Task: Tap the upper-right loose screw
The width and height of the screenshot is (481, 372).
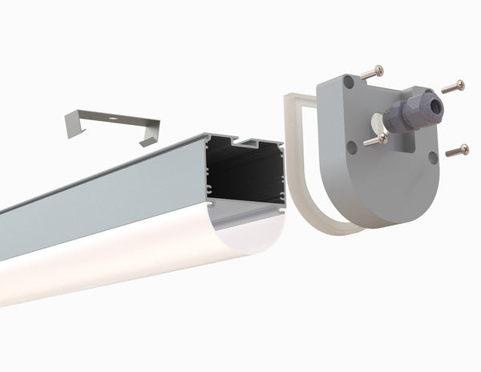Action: pos(453,85)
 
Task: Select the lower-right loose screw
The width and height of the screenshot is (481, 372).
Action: pos(457,150)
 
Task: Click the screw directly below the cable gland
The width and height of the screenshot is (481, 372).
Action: pos(375,141)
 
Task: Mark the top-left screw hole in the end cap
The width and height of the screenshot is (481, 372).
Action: pos(348,82)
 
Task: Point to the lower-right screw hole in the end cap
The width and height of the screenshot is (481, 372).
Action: pos(433,158)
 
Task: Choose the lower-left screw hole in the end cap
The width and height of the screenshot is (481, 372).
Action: pos(350,145)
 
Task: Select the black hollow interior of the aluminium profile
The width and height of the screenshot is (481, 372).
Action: pos(245,180)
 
